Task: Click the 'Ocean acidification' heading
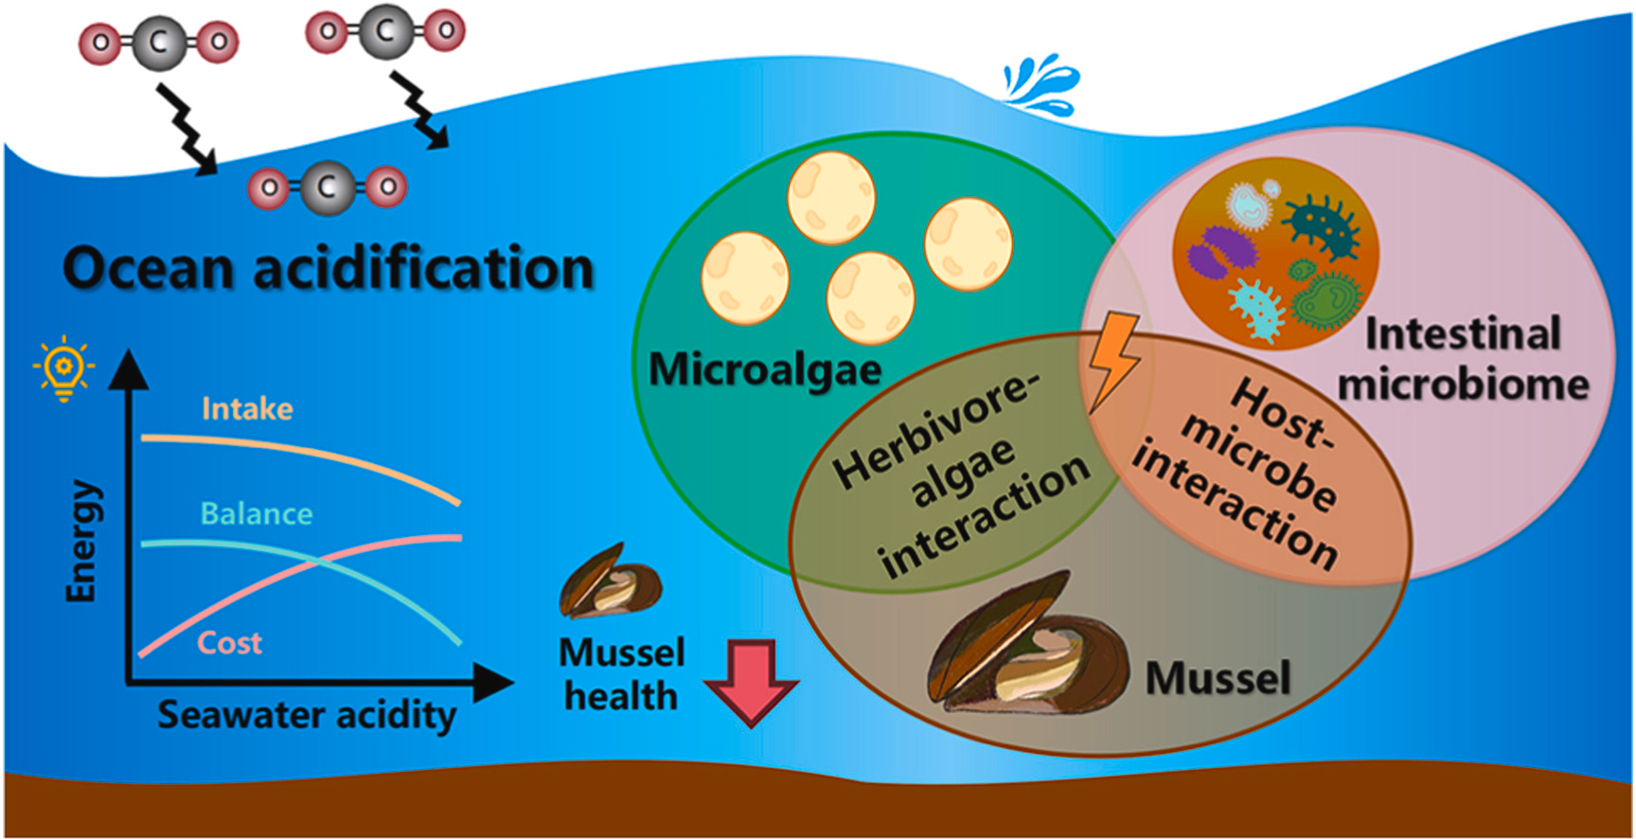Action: tap(328, 268)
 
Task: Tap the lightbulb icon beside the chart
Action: tap(63, 367)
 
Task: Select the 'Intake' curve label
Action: tap(247, 409)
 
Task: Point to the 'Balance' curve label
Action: tap(256, 514)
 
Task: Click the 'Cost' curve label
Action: tap(229, 643)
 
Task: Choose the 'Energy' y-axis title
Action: tap(81, 541)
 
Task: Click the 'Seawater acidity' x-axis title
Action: tap(306, 715)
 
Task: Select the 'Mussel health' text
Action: tap(621, 674)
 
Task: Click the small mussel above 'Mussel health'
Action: tap(610, 580)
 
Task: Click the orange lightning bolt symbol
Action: tap(1113, 360)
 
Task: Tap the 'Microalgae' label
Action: tap(764, 369)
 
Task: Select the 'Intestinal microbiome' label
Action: tap(1463, 359)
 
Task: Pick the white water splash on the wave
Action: tap(1041, 81)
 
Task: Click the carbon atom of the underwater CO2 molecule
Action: tap(327, 187)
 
